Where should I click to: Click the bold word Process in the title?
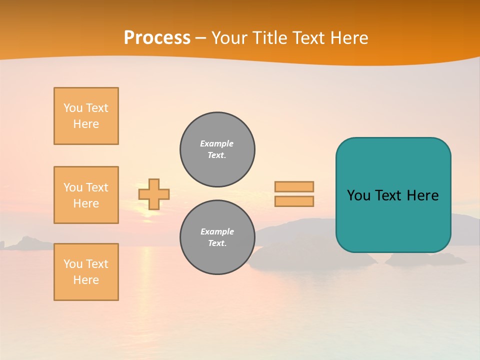157,38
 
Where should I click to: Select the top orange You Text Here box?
86,116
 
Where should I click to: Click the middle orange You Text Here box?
86,195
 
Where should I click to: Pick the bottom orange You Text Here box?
86,272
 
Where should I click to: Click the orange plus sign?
154,194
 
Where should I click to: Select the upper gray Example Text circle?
217,149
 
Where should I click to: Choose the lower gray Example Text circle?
217,237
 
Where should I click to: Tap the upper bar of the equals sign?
294,186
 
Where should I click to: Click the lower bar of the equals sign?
294,201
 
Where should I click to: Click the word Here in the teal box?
422,195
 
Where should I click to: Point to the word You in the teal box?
358,195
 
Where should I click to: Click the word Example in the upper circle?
217,143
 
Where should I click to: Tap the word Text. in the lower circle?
217,243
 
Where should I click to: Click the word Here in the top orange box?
86,124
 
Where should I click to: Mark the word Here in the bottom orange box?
86,280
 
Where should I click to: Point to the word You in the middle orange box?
73,187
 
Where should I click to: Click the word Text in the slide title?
307,38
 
